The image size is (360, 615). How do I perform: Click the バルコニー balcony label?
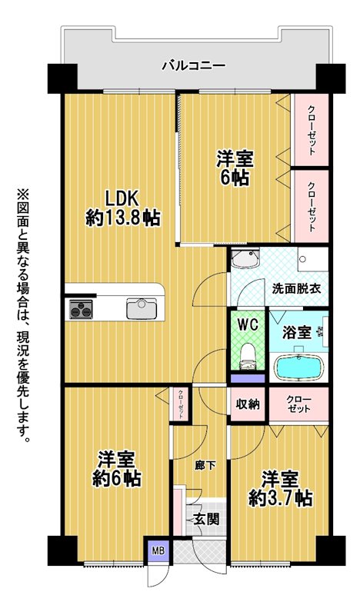[x=194, y=65]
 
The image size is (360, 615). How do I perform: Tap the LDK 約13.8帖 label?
[x=123, y=208]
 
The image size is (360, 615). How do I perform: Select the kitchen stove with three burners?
[x=81, y=309]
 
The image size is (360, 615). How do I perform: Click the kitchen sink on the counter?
[x=142, y=309]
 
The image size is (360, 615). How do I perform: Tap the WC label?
[x=248, y=325]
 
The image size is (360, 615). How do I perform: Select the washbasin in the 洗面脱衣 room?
[x=245, y=259]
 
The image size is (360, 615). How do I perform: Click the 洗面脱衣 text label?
[x=297, y=289]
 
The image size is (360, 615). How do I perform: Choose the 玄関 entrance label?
[x=207, y=520]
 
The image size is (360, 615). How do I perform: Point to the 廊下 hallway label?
[x=205, y=466]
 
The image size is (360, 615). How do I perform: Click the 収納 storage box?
[x=248, y=404]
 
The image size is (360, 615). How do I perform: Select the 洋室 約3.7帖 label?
[x=280, y=488]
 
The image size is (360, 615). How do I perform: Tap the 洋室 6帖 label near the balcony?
[x=235, y=168]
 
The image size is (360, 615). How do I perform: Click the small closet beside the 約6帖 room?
[x=180, y=404]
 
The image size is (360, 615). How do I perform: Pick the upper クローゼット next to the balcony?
[x=312, y=130]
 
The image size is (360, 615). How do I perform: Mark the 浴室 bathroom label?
[x=297, y=333]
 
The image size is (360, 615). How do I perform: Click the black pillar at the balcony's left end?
[x=62, y=78]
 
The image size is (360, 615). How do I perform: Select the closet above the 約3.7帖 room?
[x=298, y=404]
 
